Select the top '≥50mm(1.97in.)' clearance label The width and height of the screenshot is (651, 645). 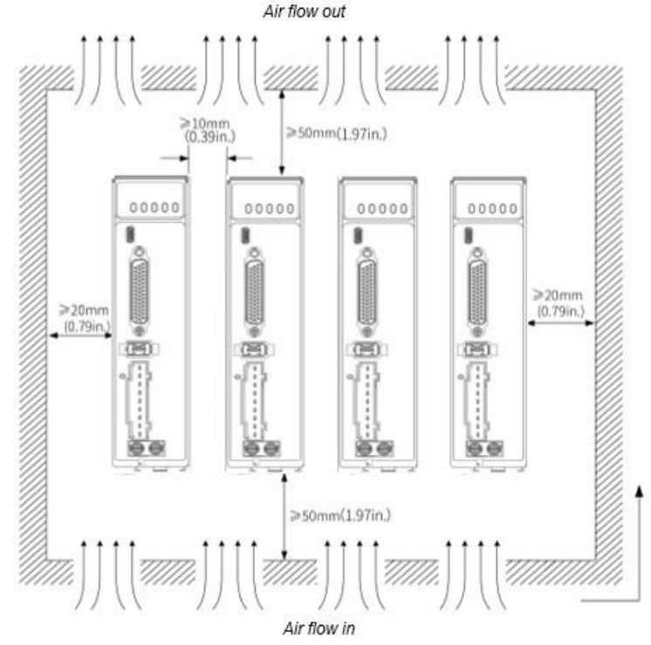(x=338, y=133)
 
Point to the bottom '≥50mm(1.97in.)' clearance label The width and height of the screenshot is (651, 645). (x=341, y=513)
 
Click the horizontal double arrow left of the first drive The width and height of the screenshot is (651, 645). (x=80, y=335)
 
